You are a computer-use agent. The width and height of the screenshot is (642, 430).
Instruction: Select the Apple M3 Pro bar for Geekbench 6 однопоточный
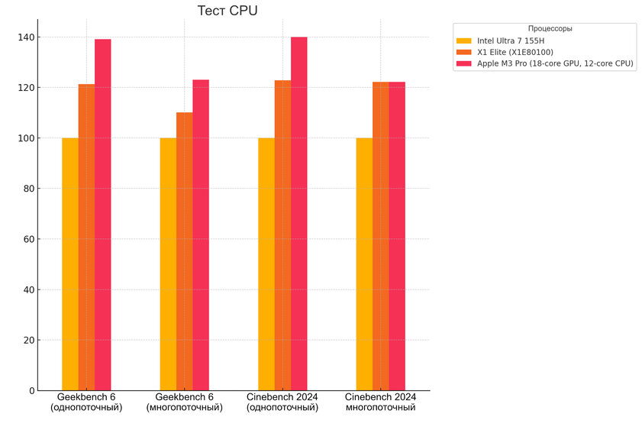point(102,214)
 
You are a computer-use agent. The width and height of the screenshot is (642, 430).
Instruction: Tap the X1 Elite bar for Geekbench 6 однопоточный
point(86,237)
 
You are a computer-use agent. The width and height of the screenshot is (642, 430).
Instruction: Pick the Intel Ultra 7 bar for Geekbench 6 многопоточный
point(168,263)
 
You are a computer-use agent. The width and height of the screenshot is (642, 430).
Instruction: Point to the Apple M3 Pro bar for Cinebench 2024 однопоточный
point(298,214)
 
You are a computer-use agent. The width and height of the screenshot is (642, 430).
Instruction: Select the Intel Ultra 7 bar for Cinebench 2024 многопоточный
point(364,263)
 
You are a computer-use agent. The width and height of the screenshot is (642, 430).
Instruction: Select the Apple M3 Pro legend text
point(555,63)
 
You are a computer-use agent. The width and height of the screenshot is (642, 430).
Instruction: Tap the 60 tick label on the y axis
point(28,239)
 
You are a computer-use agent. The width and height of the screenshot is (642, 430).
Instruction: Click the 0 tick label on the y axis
point(31,390)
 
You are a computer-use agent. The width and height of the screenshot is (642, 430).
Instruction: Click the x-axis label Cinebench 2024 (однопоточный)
point(282,403)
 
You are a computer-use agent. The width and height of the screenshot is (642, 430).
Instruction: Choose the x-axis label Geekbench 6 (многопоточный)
point(185,403)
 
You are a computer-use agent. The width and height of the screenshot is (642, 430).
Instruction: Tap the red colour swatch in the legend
point(464,63)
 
